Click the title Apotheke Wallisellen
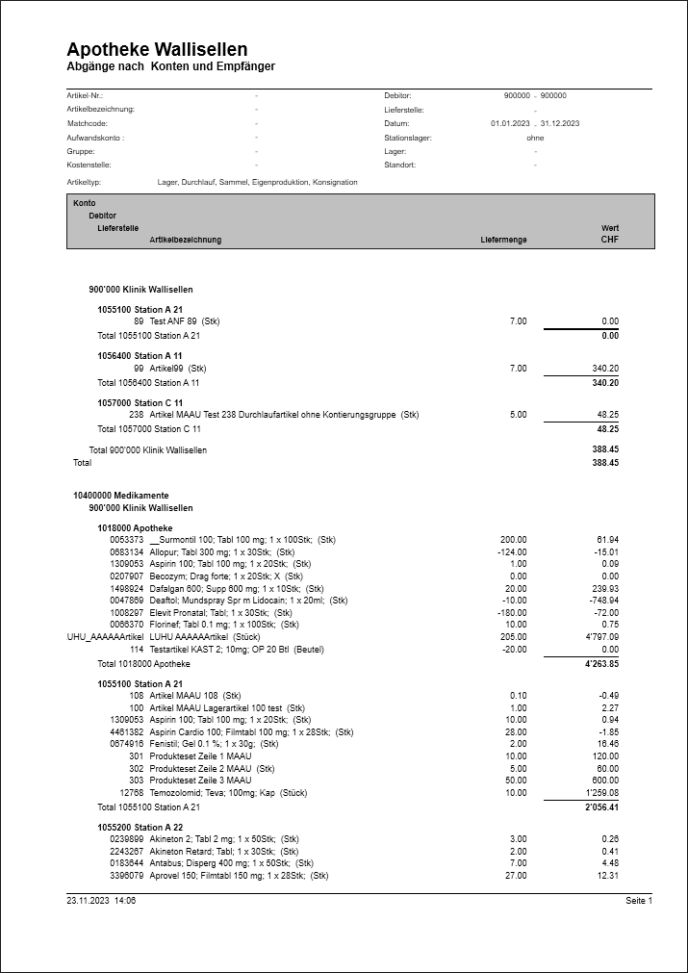coord(157,49)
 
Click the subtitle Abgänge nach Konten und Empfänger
coord(171,66)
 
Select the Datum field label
coord(396,123)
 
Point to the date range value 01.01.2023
coord(510,123)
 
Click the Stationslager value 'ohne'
coord(535,138)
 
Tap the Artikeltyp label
coord(85,181)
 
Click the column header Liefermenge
coord(503,240)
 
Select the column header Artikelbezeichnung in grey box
coord(185,240)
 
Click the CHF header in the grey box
coord(609,240)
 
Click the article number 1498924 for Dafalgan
coord(127,587)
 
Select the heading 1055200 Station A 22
coord(140,827)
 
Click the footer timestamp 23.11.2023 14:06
coord(101,901)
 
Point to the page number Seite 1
coord(638,901)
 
